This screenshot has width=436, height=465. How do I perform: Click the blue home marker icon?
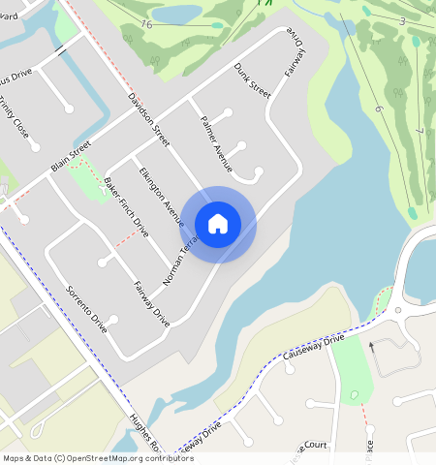click(218, 224)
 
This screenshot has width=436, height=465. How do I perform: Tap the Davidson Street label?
click(149, 120)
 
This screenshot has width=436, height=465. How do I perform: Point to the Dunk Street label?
click(251, 79)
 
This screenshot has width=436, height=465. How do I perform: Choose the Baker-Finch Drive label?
click(125, 207)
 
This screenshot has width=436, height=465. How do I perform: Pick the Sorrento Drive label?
click(86, 308)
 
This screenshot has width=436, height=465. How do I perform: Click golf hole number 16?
click(146, 23)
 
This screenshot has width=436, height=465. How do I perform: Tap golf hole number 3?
click(400, 20)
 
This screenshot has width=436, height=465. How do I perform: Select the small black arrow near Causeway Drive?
click(370, 344)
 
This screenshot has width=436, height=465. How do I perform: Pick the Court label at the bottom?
click(316, 445)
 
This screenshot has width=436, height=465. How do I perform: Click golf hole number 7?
click(420, 130)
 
